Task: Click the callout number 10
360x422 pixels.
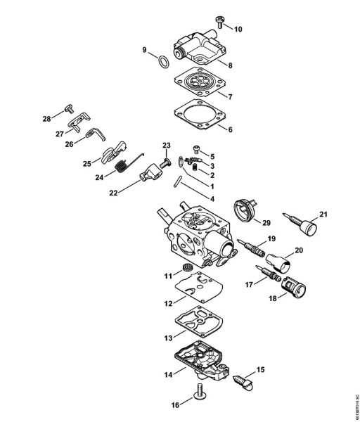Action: point(238,30)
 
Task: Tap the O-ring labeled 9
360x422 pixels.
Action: point(162,60)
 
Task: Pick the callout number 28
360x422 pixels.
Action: point(47,118)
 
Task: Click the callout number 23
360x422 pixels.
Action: point(166,146)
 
